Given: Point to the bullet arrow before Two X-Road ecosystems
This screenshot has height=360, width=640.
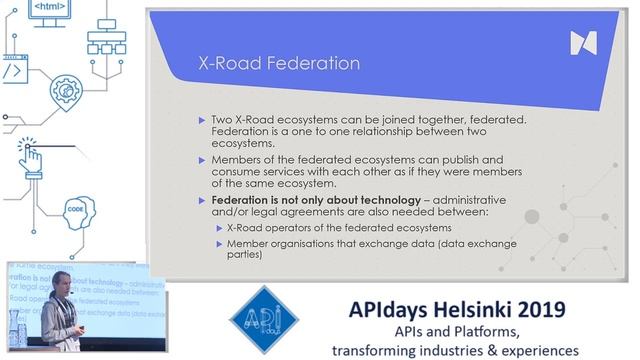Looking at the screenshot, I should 203,120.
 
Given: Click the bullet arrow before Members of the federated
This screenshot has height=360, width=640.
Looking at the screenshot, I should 203,160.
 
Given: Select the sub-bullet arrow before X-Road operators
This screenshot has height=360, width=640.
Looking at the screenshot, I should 219,228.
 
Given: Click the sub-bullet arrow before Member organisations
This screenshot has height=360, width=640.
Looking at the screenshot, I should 219,243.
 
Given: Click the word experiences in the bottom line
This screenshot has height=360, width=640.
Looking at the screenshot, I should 531,349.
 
